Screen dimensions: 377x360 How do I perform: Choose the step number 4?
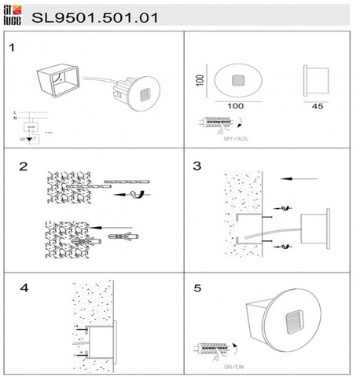pos(24,287)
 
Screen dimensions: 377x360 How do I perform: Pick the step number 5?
pos(197,287)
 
